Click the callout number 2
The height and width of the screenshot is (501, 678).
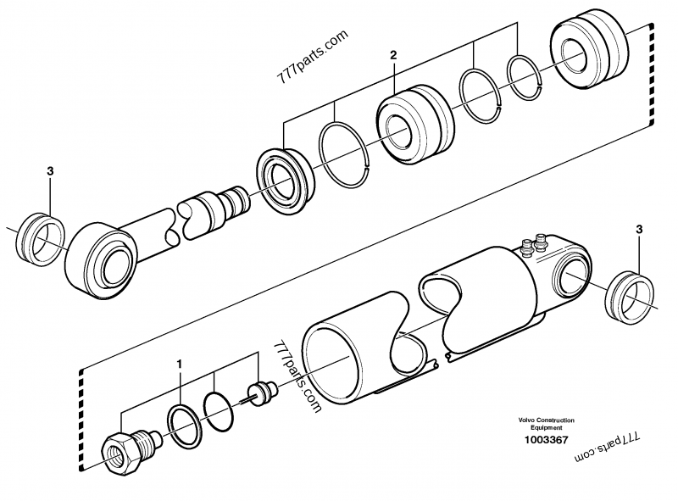click(x=392, y=56)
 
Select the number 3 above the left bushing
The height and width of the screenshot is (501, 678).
click(x=50, y=171)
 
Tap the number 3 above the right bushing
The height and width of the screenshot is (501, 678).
click(x=638, y=229)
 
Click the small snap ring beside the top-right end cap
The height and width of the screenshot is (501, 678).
click(x=525, y=74)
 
